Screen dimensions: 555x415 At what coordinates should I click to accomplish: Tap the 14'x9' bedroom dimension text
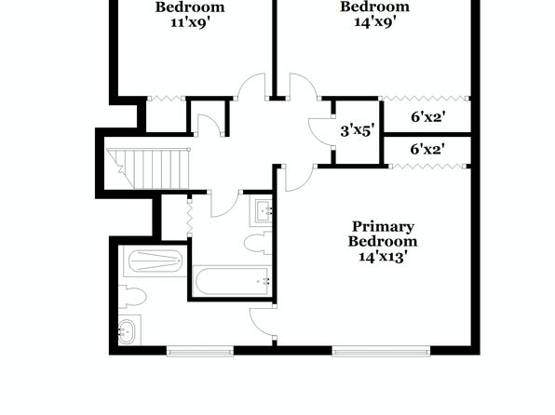374,22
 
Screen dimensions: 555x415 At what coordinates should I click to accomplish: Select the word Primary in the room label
383,227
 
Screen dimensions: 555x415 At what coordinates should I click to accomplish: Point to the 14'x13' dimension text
381,257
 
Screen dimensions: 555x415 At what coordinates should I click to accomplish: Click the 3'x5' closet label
357,131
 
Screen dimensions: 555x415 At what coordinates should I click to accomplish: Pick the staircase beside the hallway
148,168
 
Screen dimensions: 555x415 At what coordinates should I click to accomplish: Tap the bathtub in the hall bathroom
233,282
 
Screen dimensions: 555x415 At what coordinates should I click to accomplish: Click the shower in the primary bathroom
155,261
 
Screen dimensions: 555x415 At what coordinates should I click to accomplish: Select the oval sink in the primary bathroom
126,331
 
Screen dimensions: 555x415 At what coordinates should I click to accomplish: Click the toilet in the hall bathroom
258,243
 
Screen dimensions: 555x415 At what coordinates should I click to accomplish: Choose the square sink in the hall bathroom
262,211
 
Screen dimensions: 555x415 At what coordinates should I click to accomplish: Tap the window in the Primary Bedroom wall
381,352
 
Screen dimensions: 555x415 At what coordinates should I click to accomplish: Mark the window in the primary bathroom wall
200,352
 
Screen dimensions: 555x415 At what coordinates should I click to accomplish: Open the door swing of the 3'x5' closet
320,131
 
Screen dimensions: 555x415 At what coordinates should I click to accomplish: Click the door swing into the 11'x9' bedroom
251,86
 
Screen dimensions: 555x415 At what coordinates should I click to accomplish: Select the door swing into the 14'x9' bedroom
304,86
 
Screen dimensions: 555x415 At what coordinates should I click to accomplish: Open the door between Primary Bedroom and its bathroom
262,322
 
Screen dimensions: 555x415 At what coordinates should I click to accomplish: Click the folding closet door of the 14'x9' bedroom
424,98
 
